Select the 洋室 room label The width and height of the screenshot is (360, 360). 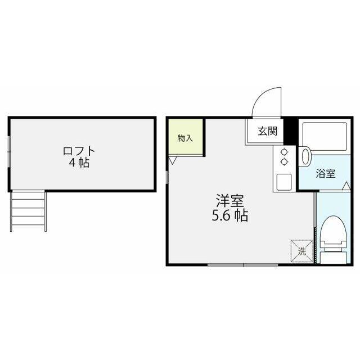[x=229, y=201]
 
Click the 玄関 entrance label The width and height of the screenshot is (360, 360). [x=267, y=132]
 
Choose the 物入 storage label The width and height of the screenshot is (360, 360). [x=186, y=137]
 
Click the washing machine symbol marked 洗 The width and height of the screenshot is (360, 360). [x=300, y=251]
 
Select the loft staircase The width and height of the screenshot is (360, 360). [x=28, y=211]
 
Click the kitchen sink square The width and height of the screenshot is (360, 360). [x=283, y=182]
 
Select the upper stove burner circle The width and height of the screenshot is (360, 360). [x=283, y=151]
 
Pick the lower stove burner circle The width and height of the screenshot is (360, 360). [x=283, y=161]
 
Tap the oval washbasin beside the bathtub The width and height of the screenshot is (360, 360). [x=305, y=156]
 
